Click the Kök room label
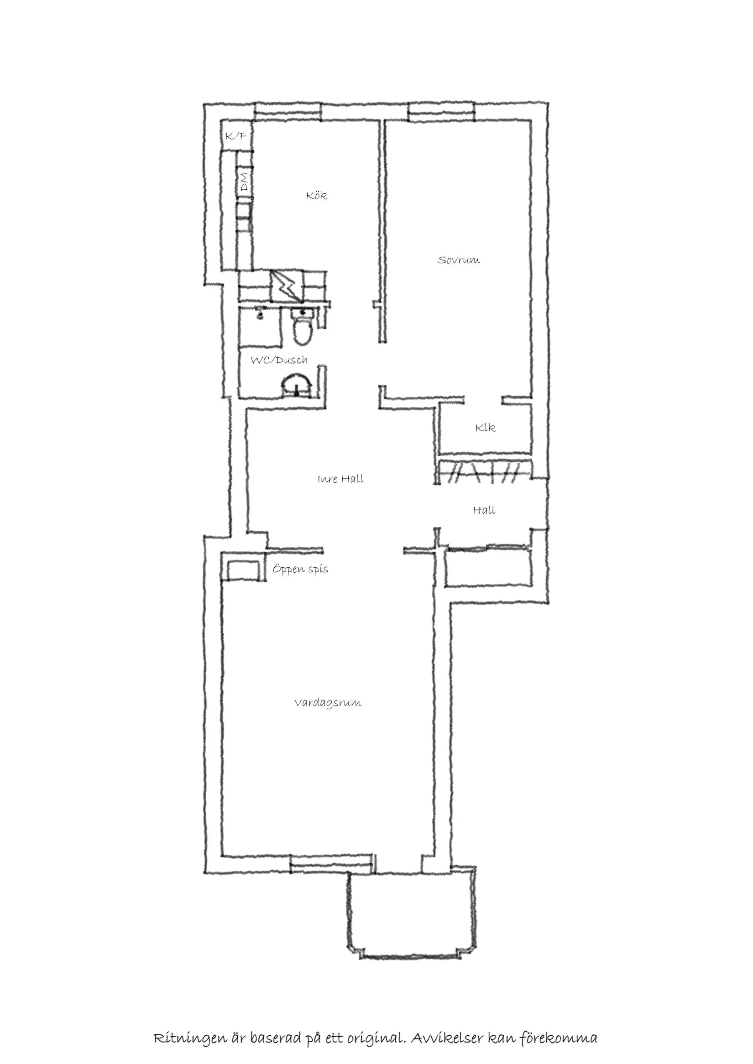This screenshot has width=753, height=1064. tap(317, 196)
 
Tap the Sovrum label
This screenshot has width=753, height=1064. tap(459, 260)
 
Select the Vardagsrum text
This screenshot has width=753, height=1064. tap(328, 702)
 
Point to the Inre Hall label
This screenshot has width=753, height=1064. tap(341, 479)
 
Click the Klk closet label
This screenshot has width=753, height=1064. tap(486, 427)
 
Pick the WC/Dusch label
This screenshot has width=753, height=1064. tap(279, 360)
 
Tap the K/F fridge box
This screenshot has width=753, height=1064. tap(236, 136)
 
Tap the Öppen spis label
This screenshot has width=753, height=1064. tap(300, 569)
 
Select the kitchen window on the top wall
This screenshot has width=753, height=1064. tap(288, 112)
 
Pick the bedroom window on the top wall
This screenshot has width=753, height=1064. tap(441, 112)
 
